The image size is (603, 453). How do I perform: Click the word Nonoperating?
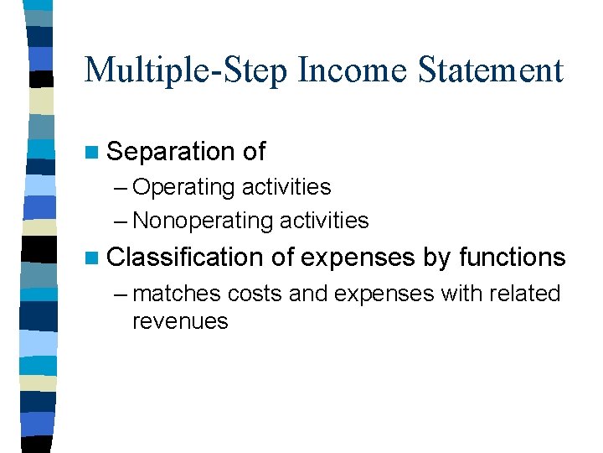click(204, 221)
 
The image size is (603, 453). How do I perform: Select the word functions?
click(513, 258)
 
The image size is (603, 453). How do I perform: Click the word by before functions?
click(437, 258)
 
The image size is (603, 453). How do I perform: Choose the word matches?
click(177, 294)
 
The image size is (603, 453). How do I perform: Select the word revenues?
click(180, 321)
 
